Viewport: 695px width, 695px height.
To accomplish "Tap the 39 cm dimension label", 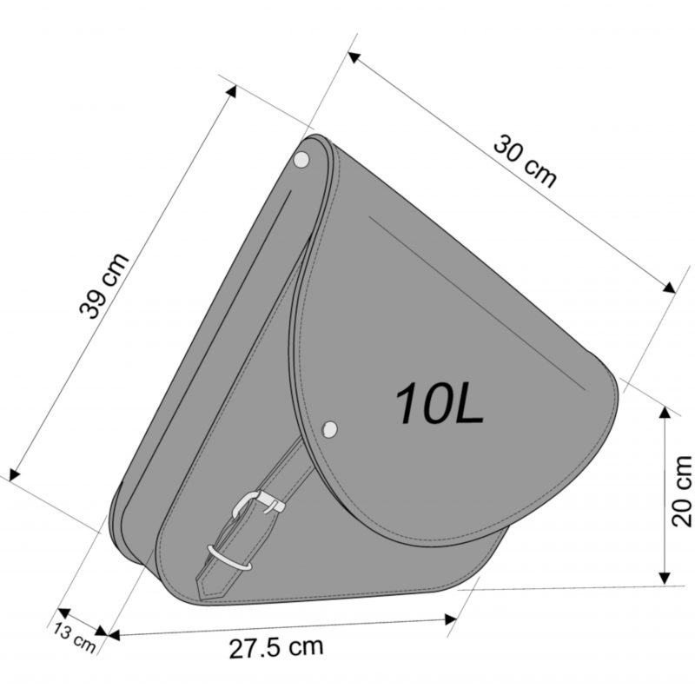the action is point(104,286).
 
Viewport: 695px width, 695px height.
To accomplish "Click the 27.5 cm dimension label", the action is point(276,648).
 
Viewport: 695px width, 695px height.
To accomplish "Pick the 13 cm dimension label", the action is point(75,638).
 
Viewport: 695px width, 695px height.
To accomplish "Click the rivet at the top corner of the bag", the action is point(301,159).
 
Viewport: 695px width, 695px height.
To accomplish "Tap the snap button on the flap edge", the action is point(329,429).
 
